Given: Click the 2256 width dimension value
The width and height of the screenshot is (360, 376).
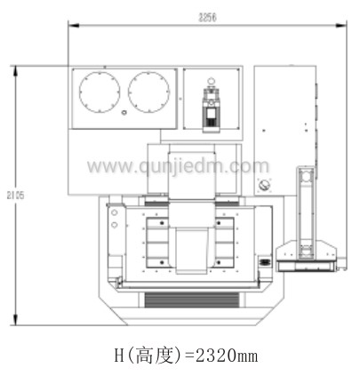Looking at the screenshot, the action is click(207, 18).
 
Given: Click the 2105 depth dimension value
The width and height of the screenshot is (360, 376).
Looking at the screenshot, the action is click(16, 196).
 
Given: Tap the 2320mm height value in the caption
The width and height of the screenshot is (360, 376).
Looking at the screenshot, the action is click(227, 355).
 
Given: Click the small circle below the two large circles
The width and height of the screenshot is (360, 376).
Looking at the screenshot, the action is click(124, 113).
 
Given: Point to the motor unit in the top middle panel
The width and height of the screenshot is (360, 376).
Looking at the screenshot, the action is click(211, 108).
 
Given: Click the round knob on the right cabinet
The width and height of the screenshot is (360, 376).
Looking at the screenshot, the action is click(263, 185).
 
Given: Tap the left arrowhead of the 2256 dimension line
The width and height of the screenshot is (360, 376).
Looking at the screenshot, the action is click(74, 26).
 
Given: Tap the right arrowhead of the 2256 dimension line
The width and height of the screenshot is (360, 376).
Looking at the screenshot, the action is click(341, 26).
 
